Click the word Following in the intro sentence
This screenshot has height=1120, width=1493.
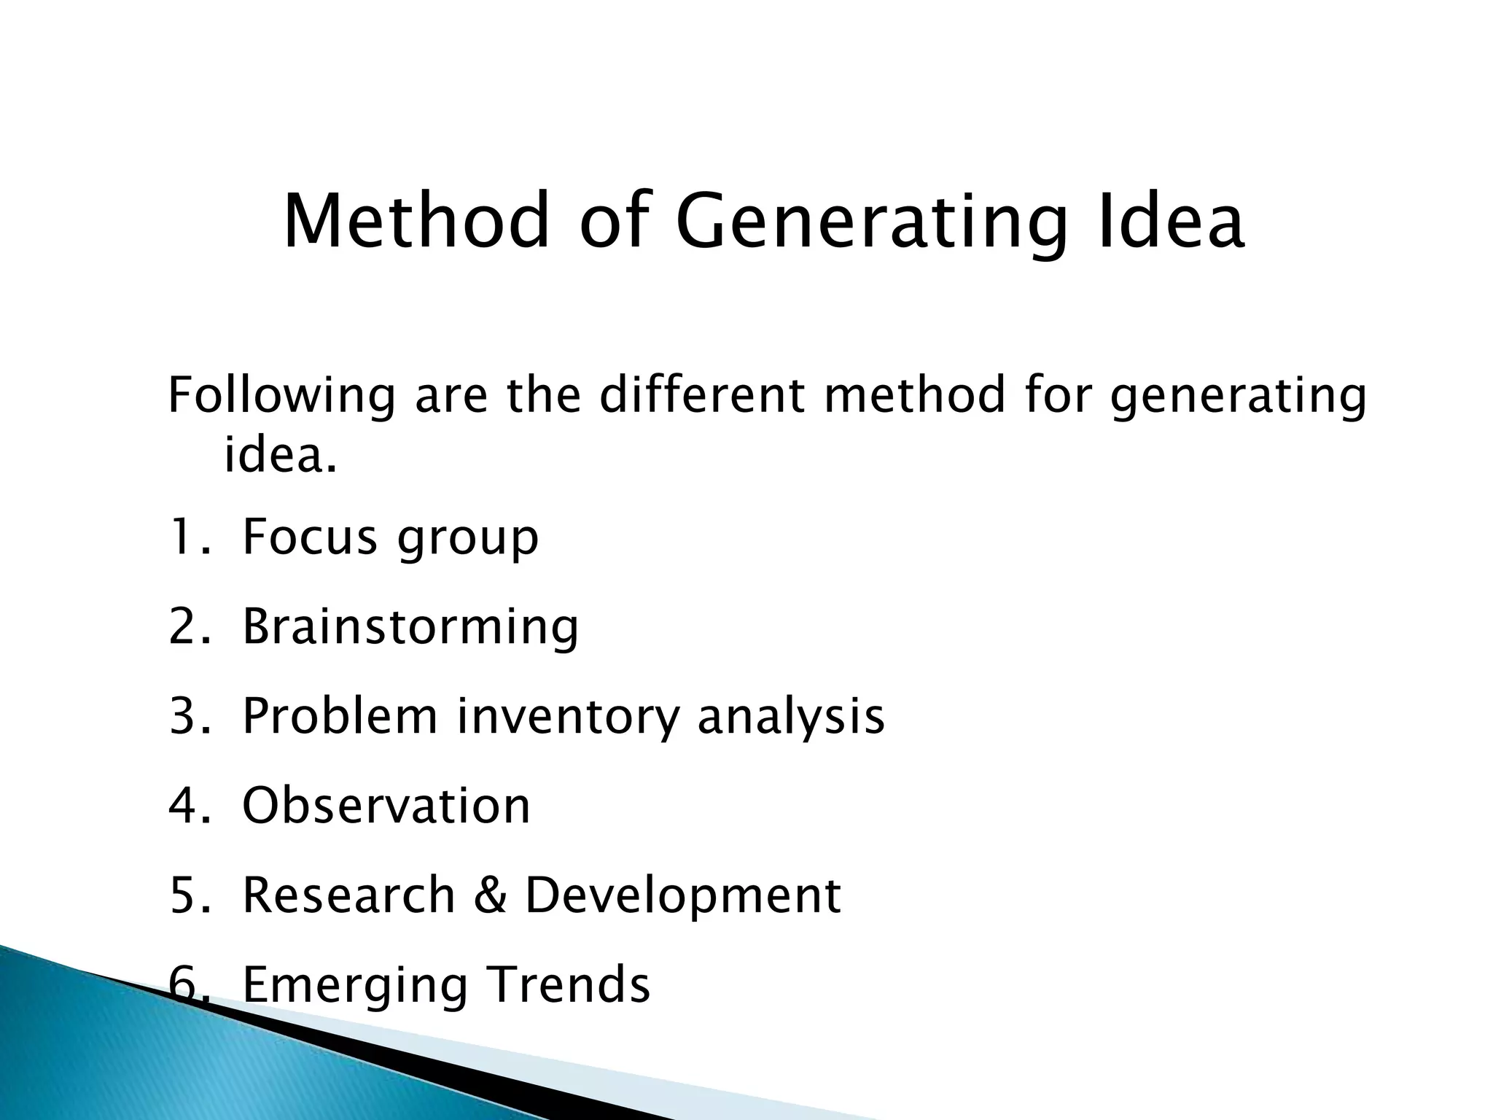pos(281,397)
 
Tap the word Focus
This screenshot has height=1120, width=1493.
pos(310,537)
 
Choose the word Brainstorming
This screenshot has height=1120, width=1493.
pos(410,628)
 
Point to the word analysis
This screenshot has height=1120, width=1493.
pos(791,717)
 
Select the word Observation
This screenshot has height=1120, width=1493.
pos(386,806)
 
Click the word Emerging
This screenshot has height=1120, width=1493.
pos(354,986)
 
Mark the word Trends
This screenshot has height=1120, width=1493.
pos(568,984)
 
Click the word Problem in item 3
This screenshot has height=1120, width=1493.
pos(340,716)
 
